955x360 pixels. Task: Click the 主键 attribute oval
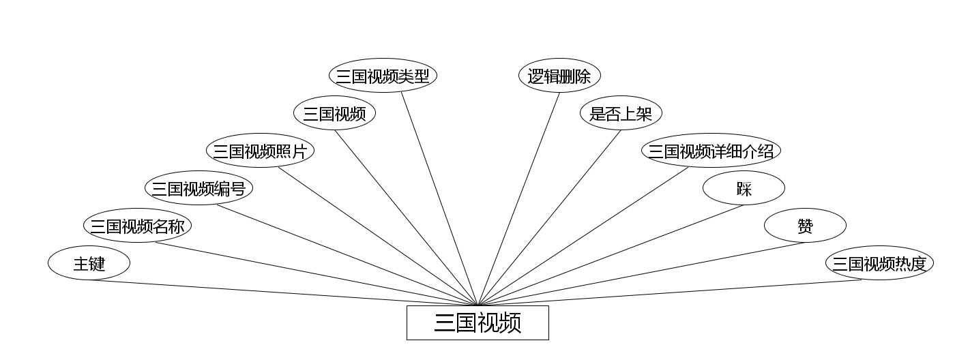pos(89,263)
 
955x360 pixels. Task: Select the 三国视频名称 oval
pos(137,226)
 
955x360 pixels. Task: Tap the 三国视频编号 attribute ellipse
pos(199,188)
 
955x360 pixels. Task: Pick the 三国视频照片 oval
pos(260,151)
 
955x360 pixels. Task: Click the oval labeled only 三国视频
pos(334,113)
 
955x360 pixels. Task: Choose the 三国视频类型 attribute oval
pos(383,76)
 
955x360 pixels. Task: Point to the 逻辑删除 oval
pos(559,76)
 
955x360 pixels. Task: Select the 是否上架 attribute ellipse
pos(621,113)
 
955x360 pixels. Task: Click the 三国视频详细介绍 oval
pos(711,151)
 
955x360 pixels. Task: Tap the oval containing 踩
pos(744,188)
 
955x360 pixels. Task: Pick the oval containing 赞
pos(805,226)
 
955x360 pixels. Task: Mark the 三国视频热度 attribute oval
pos(879,263)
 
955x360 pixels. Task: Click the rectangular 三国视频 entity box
pos(477,322)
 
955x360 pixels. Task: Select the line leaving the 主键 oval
pos(273,292)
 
